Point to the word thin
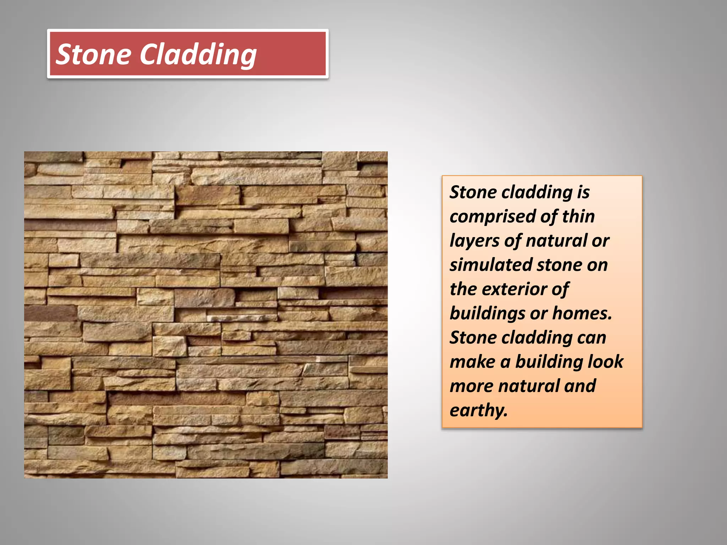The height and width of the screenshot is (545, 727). [x=578, y=216]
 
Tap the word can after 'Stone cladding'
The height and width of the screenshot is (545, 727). [x=592, y=338]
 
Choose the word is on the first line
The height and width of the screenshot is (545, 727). [x=583, y=192]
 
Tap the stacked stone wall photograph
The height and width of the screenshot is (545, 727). [x=206, y=315]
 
